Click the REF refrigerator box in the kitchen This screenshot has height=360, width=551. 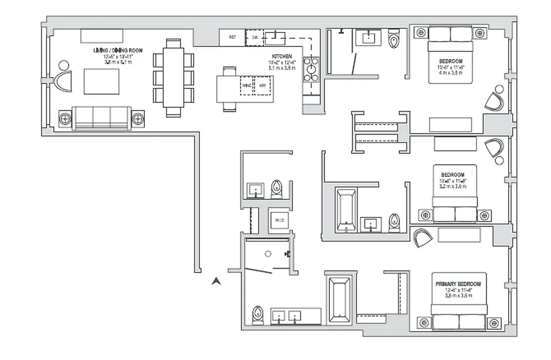[x=232, y=37]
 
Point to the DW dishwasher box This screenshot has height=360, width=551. [x=254, y=37]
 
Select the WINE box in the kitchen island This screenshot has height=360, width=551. [x=246, y=85]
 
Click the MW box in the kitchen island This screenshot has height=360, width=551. [x=262, y=85]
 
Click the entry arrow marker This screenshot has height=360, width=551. [x=217, y=282]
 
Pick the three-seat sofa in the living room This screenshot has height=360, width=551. [x=102, y=118]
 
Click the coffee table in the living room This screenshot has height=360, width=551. [x=102, y=81]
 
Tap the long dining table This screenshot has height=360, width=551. [x=173, y=78]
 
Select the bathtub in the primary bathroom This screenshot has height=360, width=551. [x=339, y=301]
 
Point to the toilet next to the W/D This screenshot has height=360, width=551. [x=276, y=189]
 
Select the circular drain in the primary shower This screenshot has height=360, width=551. [x=268, y=254]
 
